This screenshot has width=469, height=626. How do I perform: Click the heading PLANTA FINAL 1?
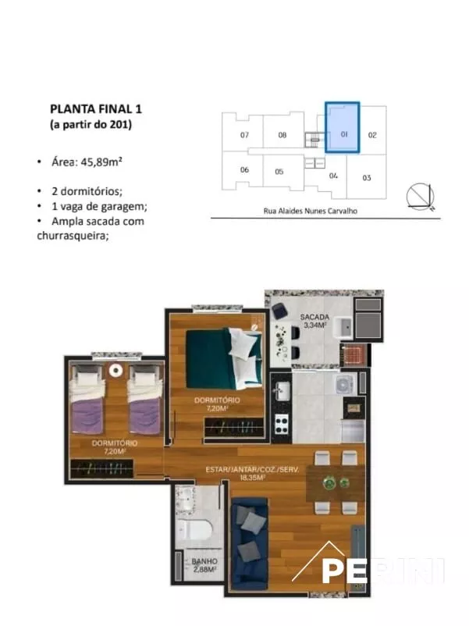(96, 109)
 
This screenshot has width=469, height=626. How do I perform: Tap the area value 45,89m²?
(101, 162)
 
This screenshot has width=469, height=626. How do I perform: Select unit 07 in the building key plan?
(244, 135)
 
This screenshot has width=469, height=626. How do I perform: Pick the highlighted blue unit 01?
(343, 127)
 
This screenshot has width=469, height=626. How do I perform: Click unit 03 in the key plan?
(367, 178)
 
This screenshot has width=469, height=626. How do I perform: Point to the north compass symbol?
(421, 197)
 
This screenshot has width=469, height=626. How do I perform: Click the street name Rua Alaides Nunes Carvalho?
(310, 211)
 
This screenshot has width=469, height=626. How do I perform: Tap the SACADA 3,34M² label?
(314, 321)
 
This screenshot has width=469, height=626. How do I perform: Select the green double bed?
(224, 358)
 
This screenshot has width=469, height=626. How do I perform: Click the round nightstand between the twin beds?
(115, 371)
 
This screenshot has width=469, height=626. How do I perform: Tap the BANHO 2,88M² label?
(204, 565)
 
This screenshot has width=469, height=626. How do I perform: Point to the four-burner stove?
(282, 425)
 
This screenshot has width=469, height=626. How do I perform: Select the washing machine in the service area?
(345, 384)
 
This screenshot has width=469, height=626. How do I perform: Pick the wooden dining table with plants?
(336, 483)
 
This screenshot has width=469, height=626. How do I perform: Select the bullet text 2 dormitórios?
(87, 191)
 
